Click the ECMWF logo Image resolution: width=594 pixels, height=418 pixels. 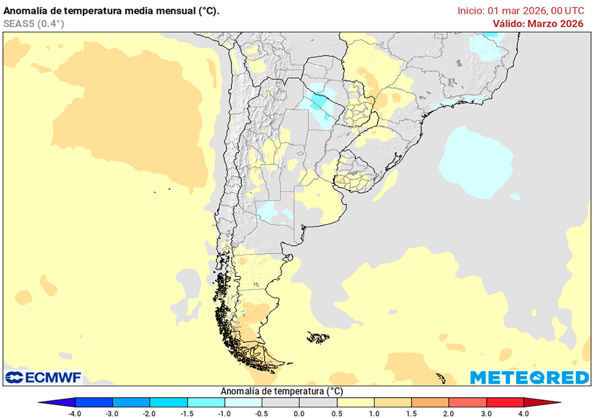click(44, 377)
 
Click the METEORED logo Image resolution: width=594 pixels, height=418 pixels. click(529, 377)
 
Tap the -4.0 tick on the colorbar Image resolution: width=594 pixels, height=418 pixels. click(74, 413)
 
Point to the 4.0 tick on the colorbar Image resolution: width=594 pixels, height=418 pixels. click(524, 413)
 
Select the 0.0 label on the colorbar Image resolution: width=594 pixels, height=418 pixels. click(299, 413)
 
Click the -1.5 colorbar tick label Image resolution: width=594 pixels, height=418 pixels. click(187, 413)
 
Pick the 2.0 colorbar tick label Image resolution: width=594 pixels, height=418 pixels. click(449, 413)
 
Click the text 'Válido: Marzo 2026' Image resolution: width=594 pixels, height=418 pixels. click(538, 23)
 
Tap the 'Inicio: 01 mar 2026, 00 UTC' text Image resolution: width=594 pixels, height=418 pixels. click(520, 10)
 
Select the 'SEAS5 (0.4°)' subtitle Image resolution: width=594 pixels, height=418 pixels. click(34, 23)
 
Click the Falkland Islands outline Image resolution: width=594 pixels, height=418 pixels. click(318, 337)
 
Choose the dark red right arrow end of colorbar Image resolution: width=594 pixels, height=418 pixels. click(542, 402)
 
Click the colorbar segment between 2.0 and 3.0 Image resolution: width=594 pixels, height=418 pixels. click(468, 402)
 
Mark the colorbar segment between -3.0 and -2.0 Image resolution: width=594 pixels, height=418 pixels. click(131, 402)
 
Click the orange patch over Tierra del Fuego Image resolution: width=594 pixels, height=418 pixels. click(261, 363)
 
